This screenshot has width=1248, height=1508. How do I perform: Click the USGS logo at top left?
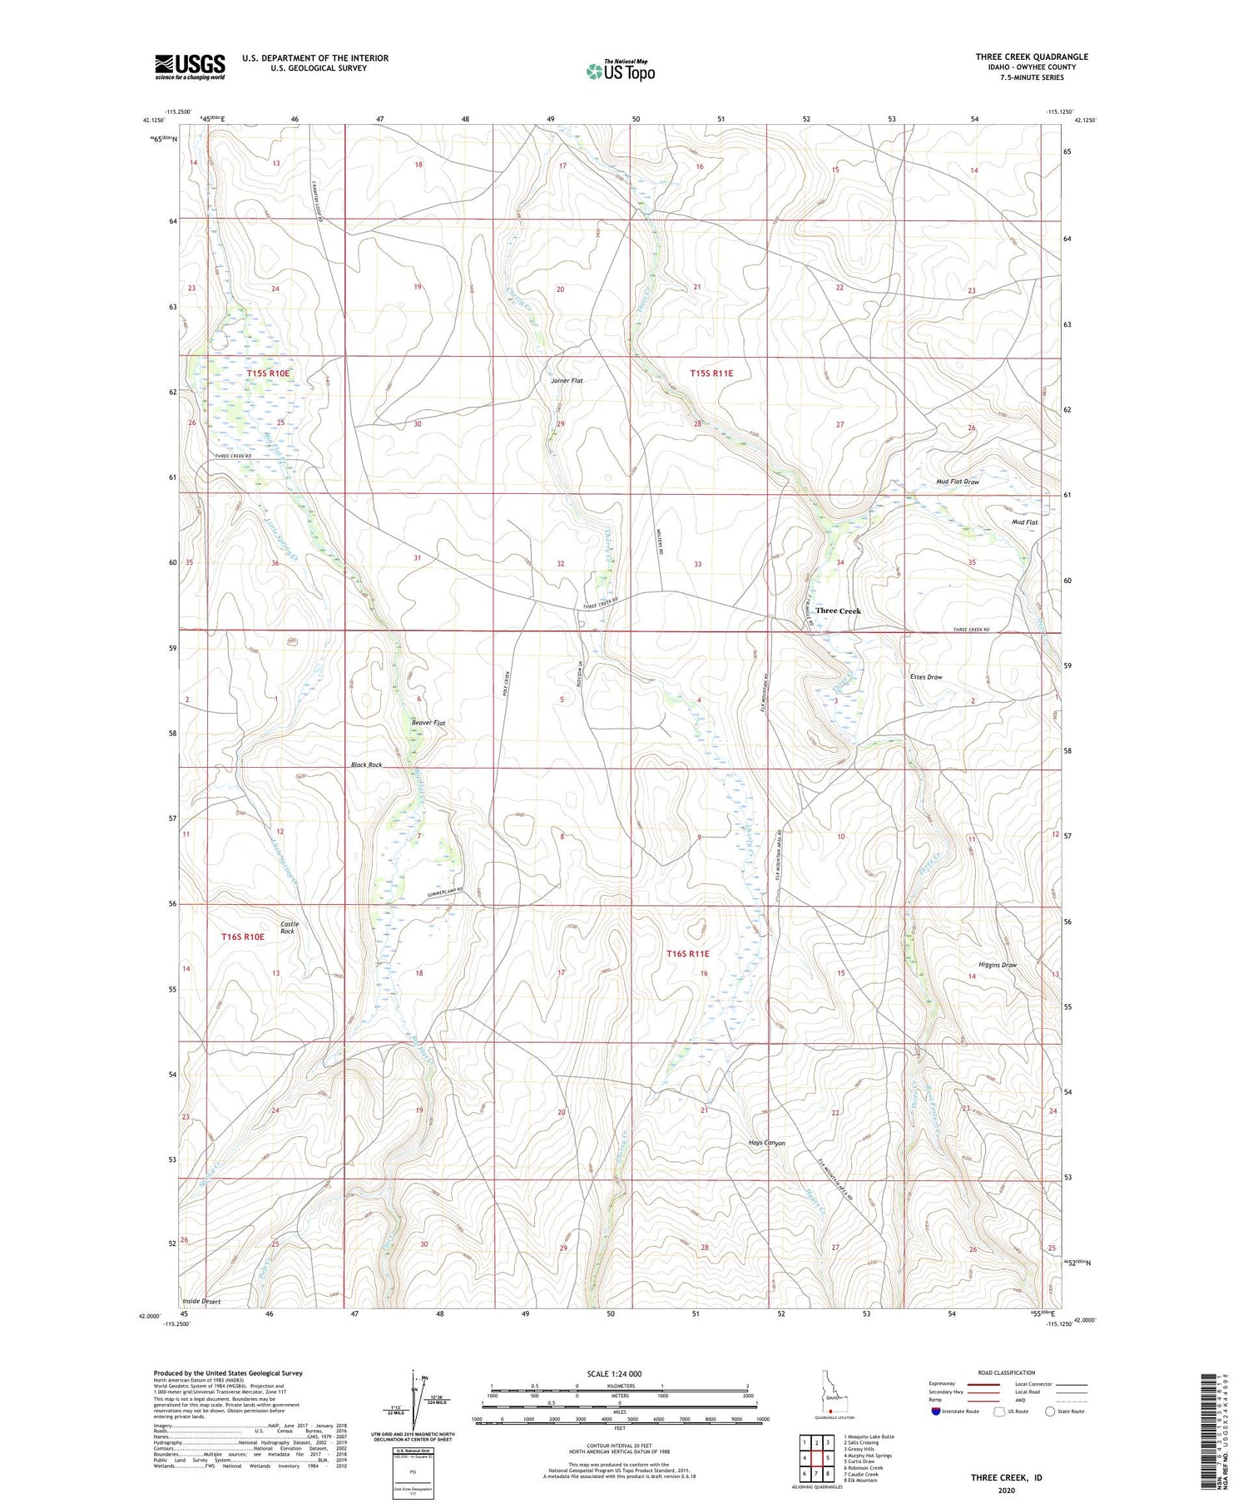(190, 67)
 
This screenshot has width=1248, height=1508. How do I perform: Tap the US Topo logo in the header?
(620, 71)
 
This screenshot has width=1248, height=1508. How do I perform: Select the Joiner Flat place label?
(567, 381)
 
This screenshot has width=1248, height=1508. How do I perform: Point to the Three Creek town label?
(838, 611)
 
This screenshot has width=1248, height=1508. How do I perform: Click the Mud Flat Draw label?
(958, 482)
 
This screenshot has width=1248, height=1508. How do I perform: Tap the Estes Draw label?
(926, 677)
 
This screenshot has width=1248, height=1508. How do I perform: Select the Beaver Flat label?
(428, 723)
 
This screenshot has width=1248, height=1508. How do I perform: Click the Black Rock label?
(366, 764)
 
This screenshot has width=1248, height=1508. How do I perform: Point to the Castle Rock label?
(289, 927)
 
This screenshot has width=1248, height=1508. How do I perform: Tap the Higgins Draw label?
(998, 965)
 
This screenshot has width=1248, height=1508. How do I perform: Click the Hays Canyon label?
(767, 1143)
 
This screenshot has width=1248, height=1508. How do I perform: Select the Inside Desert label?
(201, 1301)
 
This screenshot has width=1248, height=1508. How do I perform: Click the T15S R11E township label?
(711, 373)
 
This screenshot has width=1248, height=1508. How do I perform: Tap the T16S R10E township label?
(242, 937)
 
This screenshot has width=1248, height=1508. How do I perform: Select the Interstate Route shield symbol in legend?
(936, 1411)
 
